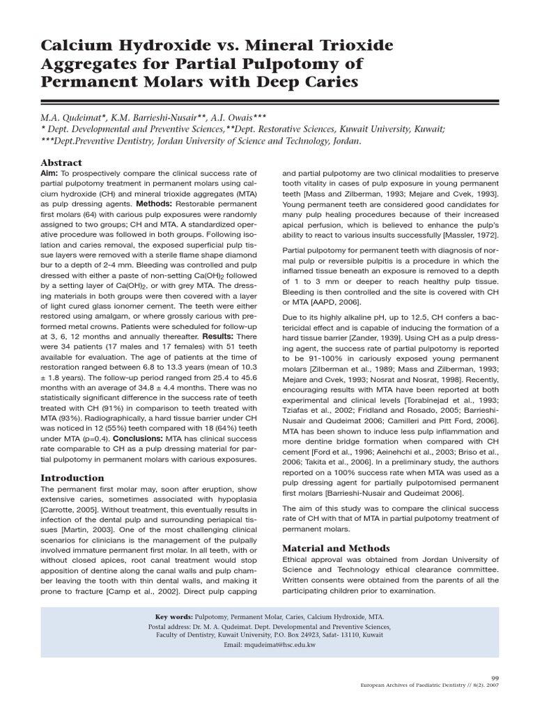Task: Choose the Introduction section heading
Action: coord(72,478)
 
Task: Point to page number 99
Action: coord(495,677)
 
